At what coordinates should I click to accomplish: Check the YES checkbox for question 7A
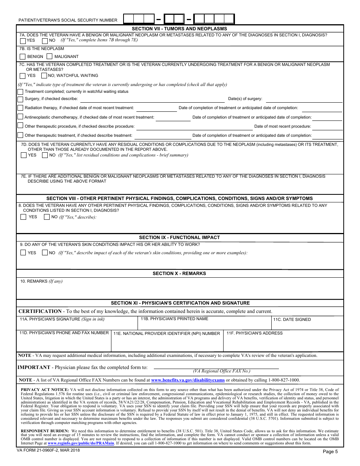click(x=23, y=41)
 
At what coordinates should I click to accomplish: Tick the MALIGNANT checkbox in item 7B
click(x=49, y=56)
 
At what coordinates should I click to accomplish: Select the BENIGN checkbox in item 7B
click(x=23, y=56)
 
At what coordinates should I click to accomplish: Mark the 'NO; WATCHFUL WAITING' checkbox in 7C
click(x=44, y=75)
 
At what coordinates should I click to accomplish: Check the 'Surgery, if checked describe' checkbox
click(x=20, y=99)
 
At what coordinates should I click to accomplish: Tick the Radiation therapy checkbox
click(x=20, y=108)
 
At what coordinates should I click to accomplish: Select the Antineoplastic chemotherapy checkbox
click(x=20, y=117)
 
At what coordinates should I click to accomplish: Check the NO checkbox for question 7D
click(x=45, y=155)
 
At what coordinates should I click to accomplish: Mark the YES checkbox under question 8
click(x=23, y=217)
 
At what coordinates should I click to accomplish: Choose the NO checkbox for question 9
click(x=45, y=253)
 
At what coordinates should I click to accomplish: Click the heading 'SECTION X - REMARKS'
click(x=179, y=274)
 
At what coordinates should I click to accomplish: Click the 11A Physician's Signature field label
click(x=62, y=319)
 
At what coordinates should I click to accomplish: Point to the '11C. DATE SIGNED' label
click(x=292, y=320)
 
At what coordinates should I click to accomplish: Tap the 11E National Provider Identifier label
click(x=167, y=334)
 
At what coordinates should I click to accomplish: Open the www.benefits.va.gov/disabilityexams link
click(x=188, y=380)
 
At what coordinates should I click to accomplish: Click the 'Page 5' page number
click(x=330, y=452)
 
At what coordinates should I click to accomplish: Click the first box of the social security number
click(x=129, y=19)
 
